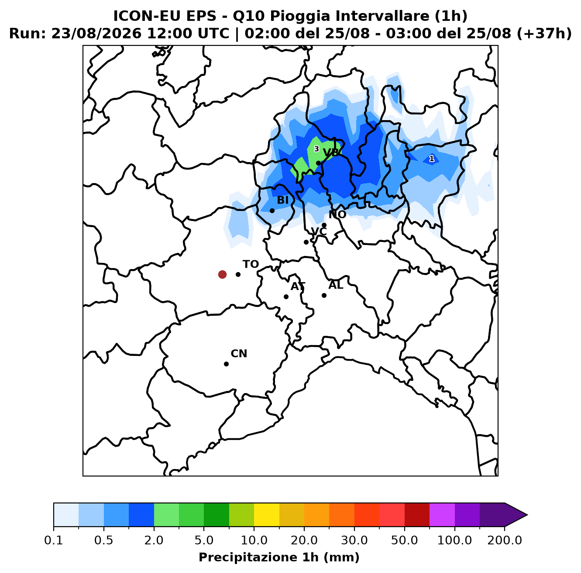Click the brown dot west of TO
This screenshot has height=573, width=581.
point(222,274)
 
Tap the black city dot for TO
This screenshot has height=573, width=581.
point(238,274)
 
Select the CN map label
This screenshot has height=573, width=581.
point(239,353)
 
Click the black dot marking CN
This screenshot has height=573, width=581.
point(226,364)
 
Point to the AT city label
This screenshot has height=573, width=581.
point(298,286)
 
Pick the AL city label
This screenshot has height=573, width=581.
point(336,285)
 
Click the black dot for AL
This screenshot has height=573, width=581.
point(324,295)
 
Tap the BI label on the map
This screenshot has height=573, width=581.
point(282,200)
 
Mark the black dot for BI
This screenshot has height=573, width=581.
point(272,211)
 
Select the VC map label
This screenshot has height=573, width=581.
point(319,231)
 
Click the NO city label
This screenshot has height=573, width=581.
point(337,214)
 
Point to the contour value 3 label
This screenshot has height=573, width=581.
point(316,149)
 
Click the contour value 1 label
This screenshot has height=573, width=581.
point(431,159)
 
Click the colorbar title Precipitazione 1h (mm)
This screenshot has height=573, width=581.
point(279,557)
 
